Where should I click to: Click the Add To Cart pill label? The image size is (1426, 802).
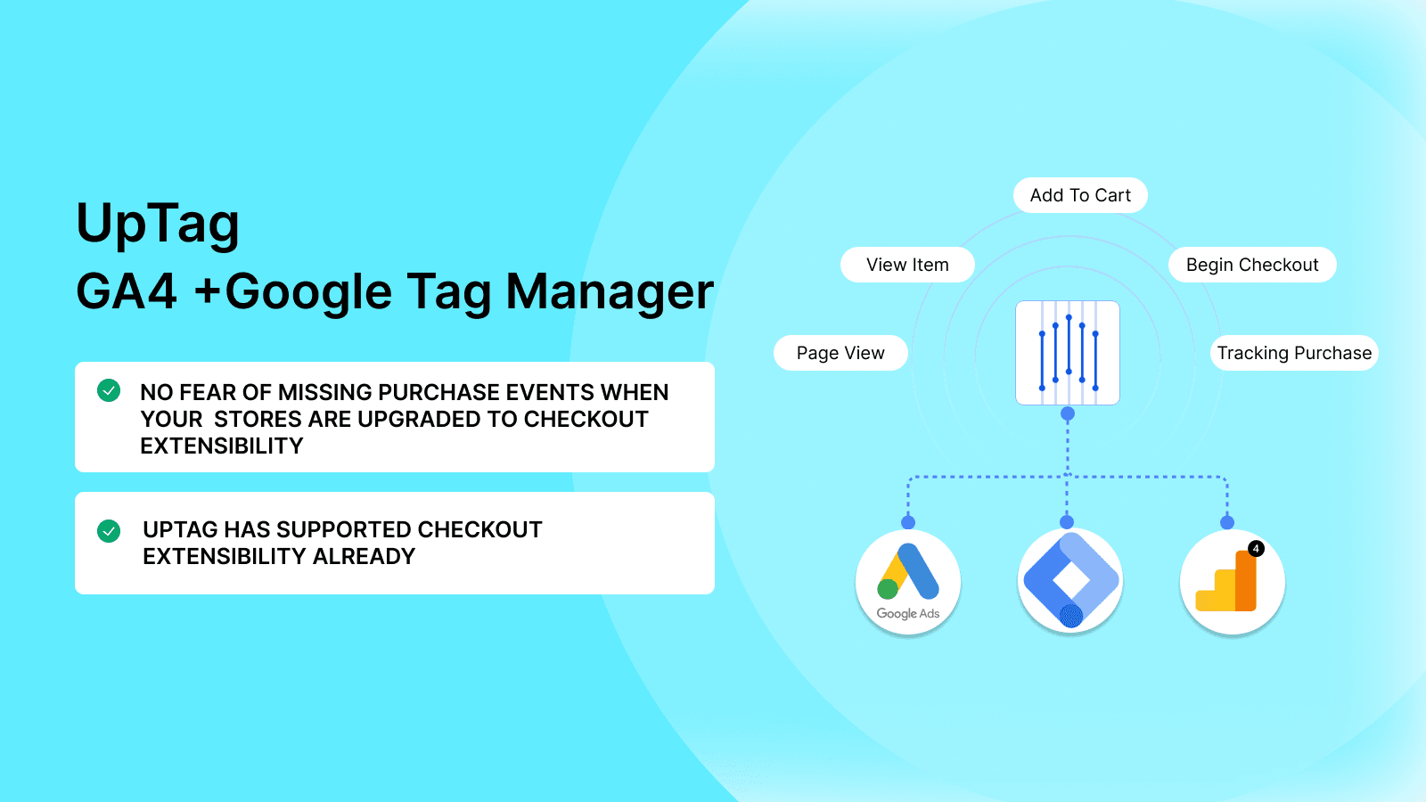[x=1080, y=195]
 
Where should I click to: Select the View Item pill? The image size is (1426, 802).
[x=907, y=265]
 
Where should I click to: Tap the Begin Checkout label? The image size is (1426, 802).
[x=1252, y=265]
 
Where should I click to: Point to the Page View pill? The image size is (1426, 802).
[x=840, y=353]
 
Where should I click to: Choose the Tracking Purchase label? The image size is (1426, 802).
[x=1294, y=353]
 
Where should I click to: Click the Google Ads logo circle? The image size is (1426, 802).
[x=908, y=582]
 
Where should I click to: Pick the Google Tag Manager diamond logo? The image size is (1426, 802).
[x=1070, y=580]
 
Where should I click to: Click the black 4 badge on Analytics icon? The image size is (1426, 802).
[x=1256, y=548]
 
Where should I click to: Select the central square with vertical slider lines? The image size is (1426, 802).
[x=1068, y=353]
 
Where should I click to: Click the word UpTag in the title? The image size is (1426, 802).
[x=158, y=224]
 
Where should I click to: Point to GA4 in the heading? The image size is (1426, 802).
[x=127, y=291]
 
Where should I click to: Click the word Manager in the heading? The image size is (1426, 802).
[x=610, y=291]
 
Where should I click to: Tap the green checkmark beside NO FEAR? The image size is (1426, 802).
[x=109, y=390]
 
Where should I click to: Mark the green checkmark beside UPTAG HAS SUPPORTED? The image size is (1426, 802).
[x=109, y=531]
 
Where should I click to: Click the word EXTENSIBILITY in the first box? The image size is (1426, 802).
[x=222, y=446]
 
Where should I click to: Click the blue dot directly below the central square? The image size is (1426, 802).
[x=1068, y=413]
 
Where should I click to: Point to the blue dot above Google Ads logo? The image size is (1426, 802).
[x=908, y=522]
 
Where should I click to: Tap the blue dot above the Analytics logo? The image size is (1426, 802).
[x=1227, y=522]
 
